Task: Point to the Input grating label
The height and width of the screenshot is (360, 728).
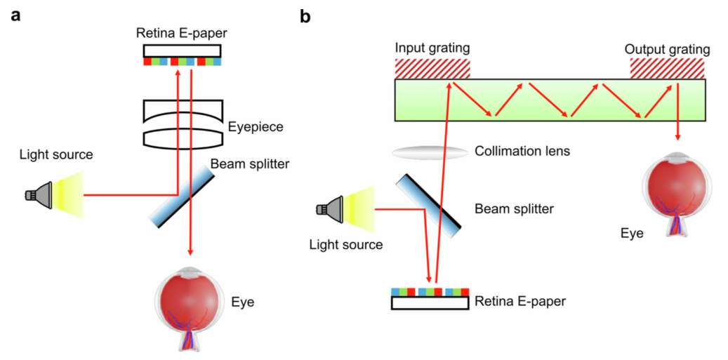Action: click(x=432, y=48)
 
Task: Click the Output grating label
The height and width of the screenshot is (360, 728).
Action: click(x=667, y=49)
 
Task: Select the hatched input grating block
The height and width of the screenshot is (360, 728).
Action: click(x=432, y=68)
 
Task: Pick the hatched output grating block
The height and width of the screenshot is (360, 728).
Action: click(x=668, y=68)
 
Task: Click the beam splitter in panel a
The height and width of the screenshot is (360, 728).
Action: click(x=182, y=195)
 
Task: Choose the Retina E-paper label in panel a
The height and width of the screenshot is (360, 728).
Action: click(x=182, y=32)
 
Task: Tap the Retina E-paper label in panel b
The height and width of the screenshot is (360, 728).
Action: click(x=520, y=302)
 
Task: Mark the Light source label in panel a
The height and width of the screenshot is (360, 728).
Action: click(x=55, y=154)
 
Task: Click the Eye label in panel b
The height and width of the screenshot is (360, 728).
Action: click(x=632, y=232)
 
